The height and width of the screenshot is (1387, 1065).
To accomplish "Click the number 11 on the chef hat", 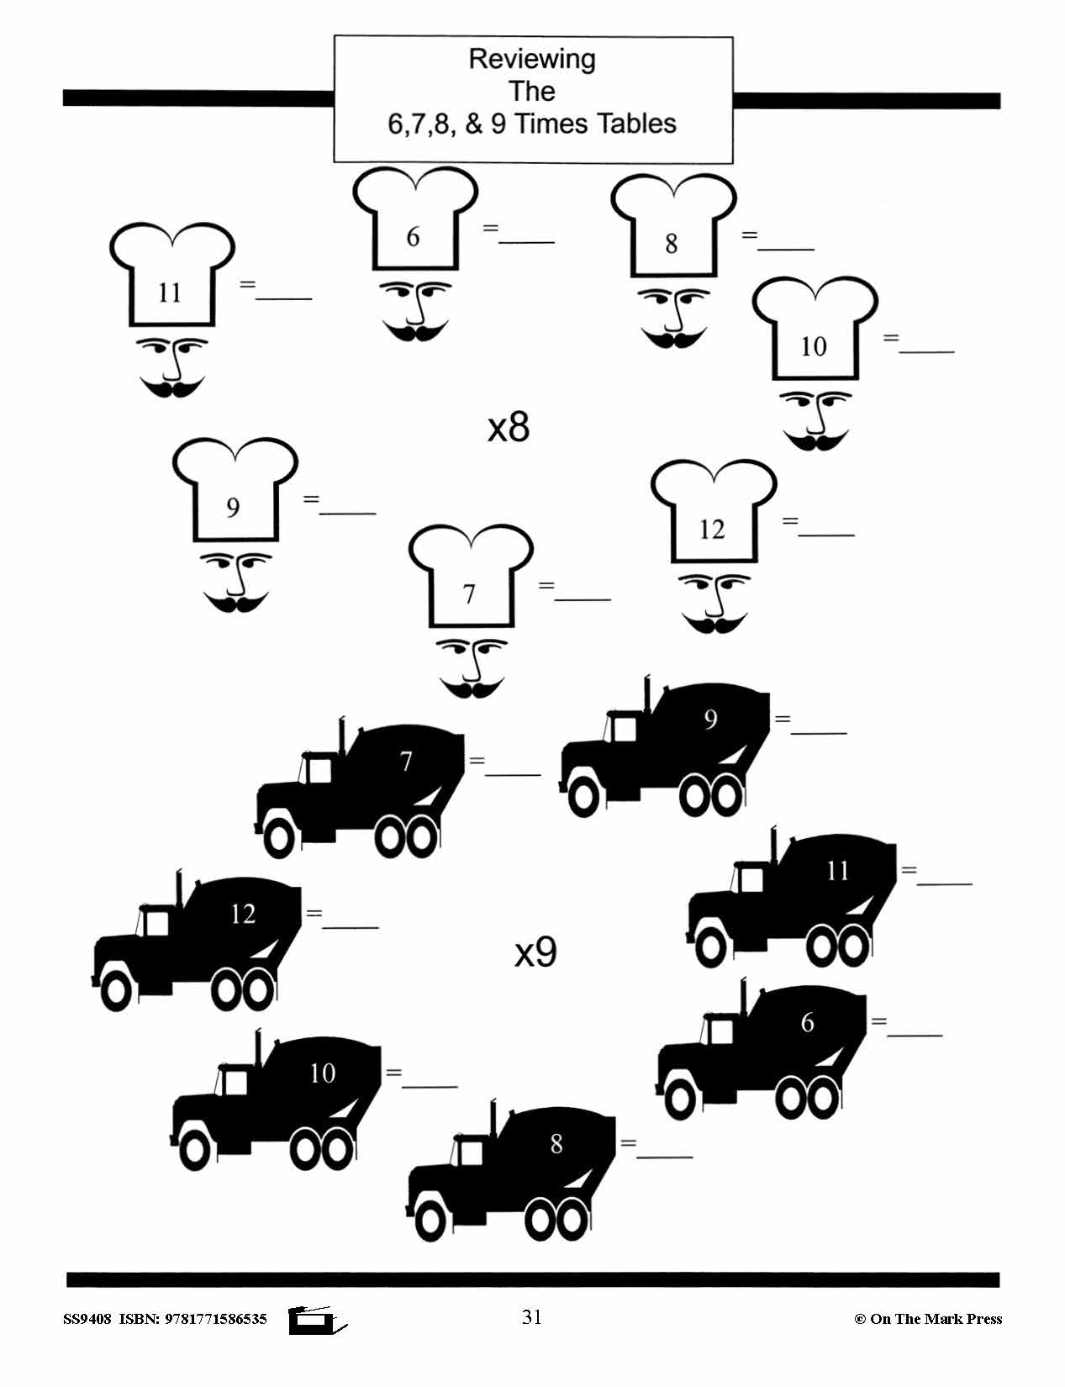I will coord(170,293).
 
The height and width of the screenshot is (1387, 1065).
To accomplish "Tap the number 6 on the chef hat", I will coord(413,237).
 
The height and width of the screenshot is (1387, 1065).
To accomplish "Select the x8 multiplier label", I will coord(509,427).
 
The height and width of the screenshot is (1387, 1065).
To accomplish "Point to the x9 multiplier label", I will coord(535,952).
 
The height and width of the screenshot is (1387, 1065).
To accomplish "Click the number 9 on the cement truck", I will coord(711,720).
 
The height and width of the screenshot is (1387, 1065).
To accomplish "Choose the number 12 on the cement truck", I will coord(243,914).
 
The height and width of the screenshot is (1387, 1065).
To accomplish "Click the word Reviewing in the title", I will coord(532,59).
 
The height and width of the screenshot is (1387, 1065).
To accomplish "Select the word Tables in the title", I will coord(636,124).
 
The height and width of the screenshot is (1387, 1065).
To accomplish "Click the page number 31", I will coord(532,1317).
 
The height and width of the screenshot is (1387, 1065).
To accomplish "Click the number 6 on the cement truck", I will coord(808,1022).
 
